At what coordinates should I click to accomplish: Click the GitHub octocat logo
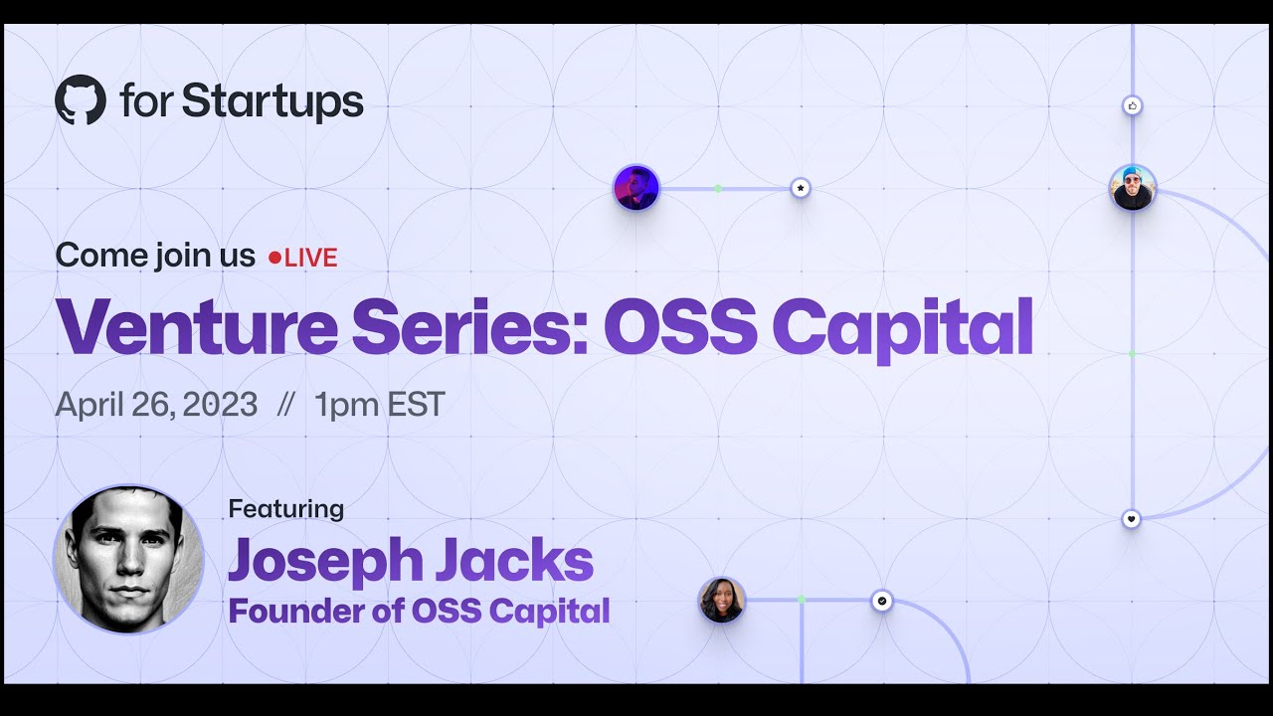point(81,100)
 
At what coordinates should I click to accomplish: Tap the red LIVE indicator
point(304,258)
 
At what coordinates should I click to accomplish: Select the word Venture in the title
point(196,326)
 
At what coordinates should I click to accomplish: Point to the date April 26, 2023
point(156,405)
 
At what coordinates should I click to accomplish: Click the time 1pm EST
point(379,405)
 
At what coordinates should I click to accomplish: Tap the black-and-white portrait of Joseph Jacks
point(128,559)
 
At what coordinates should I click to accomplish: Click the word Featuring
point(286,508)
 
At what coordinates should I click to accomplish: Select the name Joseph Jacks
point(410,561)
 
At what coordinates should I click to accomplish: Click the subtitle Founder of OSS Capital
point(419,611)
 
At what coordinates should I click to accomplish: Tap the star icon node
point(801,188)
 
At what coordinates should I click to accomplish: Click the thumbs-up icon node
point(1132,105)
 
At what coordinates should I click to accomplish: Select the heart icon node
point(1132,519)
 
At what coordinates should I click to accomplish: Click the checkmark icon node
point(882,601)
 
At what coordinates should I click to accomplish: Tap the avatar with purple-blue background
point(636,188)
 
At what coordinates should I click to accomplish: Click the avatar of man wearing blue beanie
point(1133,188)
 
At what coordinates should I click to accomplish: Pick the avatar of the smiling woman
point(722,601)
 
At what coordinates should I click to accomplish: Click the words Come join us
point(155,256)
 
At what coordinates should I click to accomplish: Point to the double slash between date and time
point(286,406)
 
